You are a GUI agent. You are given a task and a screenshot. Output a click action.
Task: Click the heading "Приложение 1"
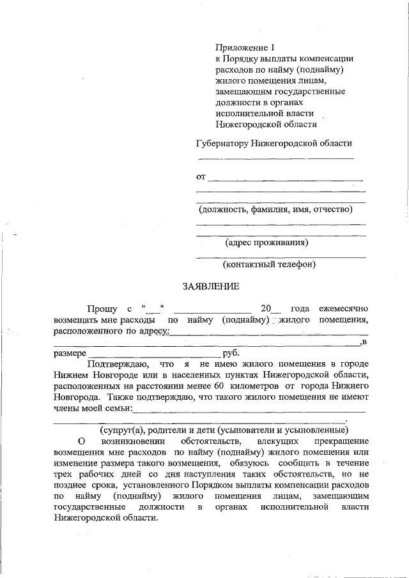245,47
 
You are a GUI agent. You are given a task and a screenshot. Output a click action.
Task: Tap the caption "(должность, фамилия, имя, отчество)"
275,209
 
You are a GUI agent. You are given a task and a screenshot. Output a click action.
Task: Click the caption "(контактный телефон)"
269,264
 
